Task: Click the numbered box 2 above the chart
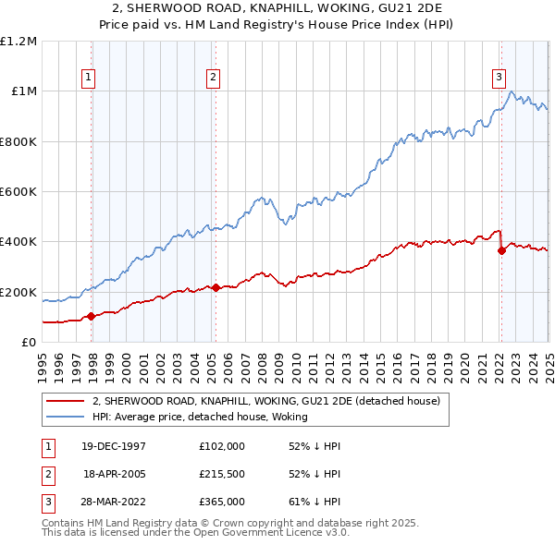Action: click(213, 78)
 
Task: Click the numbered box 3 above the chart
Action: click(499, 78)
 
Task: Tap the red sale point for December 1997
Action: click(92, 317)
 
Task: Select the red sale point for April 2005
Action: click(216, 288)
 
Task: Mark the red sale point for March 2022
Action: click(501, 250)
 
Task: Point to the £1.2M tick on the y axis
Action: click(18, 42)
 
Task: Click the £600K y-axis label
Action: click(18, 192)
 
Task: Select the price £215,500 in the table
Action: click(222, 474)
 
